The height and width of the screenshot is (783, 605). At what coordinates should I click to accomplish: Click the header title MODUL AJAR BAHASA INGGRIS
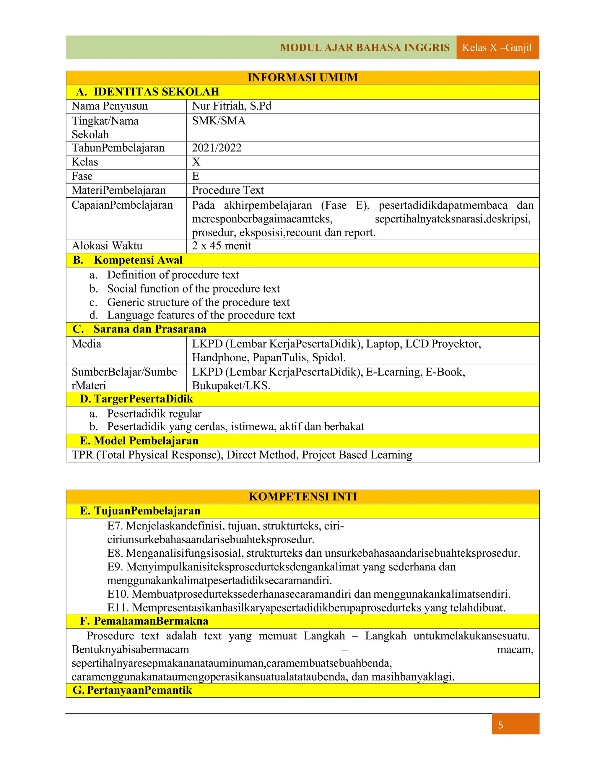[365, 47]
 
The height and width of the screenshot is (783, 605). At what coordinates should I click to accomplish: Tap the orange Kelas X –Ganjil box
[497, 47]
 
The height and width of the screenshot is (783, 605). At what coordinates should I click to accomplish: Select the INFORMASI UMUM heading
[302, 77]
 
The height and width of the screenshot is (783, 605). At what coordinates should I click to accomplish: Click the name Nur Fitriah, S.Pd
[232, 106]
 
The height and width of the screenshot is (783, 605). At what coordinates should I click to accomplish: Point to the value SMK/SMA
[219, 121]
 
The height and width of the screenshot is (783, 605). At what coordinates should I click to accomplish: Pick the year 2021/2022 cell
[217, 148]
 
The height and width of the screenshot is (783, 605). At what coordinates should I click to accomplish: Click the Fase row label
[82, 176]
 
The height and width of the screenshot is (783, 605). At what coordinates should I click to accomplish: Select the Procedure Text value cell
[228, 190]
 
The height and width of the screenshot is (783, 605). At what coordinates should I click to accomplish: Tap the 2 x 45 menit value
[222, 246]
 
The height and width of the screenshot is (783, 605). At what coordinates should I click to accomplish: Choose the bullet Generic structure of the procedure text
[198, 302]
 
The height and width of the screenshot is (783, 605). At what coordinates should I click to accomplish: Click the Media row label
[86, 344]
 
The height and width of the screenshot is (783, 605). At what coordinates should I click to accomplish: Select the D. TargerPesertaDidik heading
[136, 399]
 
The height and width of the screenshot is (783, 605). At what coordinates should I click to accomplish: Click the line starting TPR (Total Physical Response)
[242, 455]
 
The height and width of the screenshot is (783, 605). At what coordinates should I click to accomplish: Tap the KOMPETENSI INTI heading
[302, 497]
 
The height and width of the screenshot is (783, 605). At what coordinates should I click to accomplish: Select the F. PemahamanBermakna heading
[144, 621]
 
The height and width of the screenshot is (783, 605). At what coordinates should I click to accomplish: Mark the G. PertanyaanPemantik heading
[132, 690]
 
